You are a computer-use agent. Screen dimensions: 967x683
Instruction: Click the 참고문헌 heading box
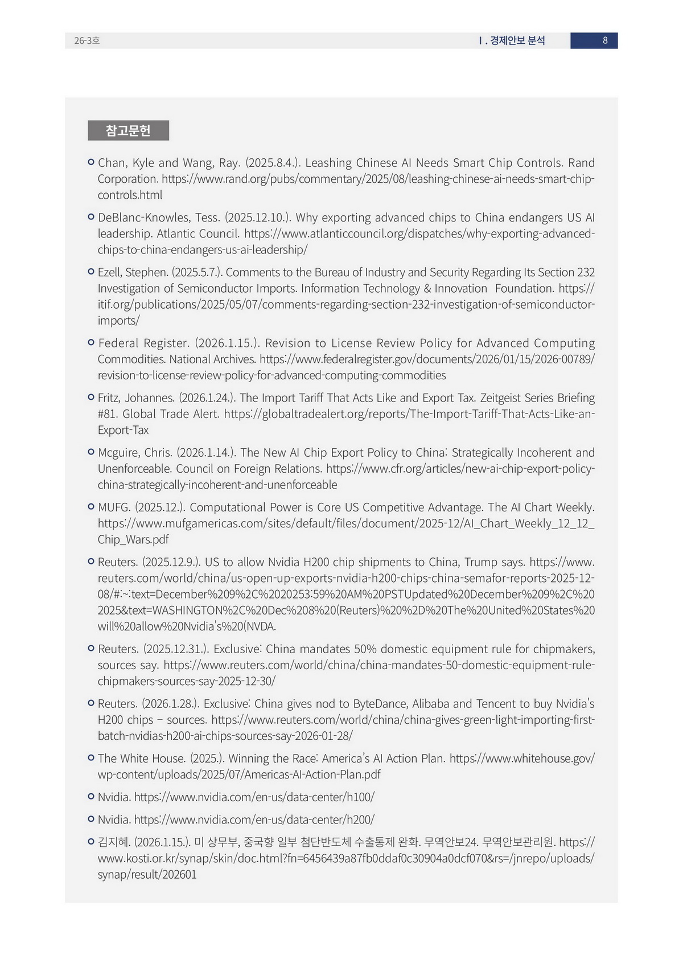click(128, 130)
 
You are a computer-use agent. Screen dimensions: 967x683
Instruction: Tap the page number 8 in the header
click(605, 40)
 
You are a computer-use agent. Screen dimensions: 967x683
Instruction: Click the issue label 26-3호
click(87, 40)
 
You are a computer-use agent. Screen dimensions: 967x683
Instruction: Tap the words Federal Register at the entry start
click(143, 343)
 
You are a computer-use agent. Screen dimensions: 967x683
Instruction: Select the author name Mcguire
click(119, 453)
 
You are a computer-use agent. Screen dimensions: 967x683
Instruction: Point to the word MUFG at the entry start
click(114, 507)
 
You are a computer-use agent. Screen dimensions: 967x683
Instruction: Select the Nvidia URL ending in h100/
click(254, 797)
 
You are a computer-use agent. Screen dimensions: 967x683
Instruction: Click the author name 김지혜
click(114, 842)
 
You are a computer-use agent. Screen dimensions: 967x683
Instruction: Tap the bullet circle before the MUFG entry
click(91, 507)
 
